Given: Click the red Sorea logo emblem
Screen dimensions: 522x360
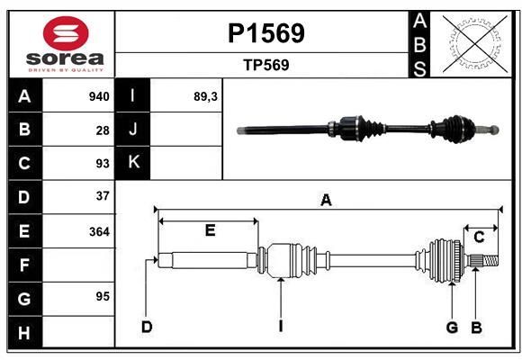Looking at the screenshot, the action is click(x=66, y=33).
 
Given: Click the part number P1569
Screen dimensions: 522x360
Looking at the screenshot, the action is click(x=266, y=33).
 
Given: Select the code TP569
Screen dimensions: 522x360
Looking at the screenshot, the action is click(x=266, y=65).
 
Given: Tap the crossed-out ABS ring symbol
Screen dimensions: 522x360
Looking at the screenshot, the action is click(x=475, y=44).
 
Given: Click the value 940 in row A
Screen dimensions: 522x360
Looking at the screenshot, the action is click(x=99, y=96).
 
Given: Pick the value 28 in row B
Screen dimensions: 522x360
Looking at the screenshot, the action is click(x=103, y=130).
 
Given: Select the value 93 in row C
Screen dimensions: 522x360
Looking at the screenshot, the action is click(x=103, y=164).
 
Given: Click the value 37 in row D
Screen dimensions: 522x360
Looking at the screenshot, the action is click(x=103, y=196).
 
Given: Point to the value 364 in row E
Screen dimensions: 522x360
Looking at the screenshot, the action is click(x=99, y=231).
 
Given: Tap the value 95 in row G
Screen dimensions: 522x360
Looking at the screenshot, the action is click(x=103, y=296).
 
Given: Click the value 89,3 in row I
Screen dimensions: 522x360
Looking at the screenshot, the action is click(x=205, y=96).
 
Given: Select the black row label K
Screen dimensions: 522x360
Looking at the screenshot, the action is click(x=132, y=163).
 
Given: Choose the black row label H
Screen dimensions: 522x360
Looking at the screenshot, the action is click(x=25, y=332).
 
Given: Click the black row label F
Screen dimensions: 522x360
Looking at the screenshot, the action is click(x=25, y=265).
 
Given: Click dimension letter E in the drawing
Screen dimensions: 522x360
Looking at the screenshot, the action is click(x=210, y=230).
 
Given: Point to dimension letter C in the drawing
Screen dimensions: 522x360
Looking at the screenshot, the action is click(x=479, y=238).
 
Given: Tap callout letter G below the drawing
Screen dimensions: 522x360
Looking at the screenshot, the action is click(x=452, y=328).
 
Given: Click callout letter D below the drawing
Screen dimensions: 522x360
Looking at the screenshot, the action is click(x=147, y=327).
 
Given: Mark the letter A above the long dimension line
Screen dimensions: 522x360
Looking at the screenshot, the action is click(x=326, y=200).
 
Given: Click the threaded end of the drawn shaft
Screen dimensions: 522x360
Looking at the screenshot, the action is click(x=490, y=260).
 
